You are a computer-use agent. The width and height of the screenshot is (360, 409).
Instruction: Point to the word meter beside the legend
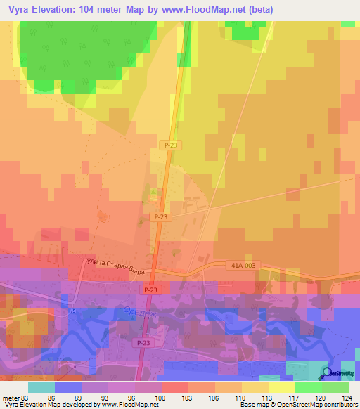(x=11, y=398)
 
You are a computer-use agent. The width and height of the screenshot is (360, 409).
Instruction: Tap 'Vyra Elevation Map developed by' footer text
(x=49, y=405)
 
